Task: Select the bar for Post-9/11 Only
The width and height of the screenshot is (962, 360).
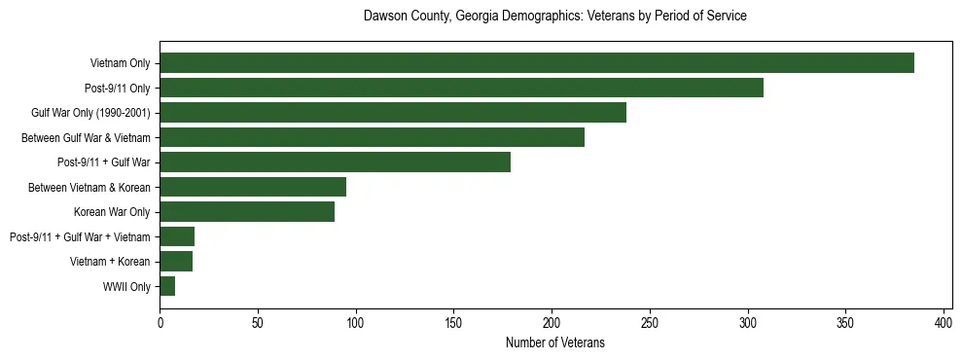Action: [x=461, y=88]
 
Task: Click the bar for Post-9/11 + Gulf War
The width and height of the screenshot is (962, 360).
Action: [x=335, y=162]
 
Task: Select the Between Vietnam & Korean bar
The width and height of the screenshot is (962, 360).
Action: [x=253, y=187]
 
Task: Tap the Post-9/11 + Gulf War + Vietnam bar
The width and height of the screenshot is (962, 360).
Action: [x=177, y=236]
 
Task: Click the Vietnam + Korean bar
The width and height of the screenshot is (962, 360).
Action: [x=176, y=262]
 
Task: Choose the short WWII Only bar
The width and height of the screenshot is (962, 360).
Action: [x=167, y=286]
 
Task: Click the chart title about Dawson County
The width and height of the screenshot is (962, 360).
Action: [x=554, y=17]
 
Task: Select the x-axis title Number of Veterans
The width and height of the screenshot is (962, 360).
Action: [x=554, y=342]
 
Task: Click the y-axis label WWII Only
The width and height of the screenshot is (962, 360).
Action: [x=125, y=287]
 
